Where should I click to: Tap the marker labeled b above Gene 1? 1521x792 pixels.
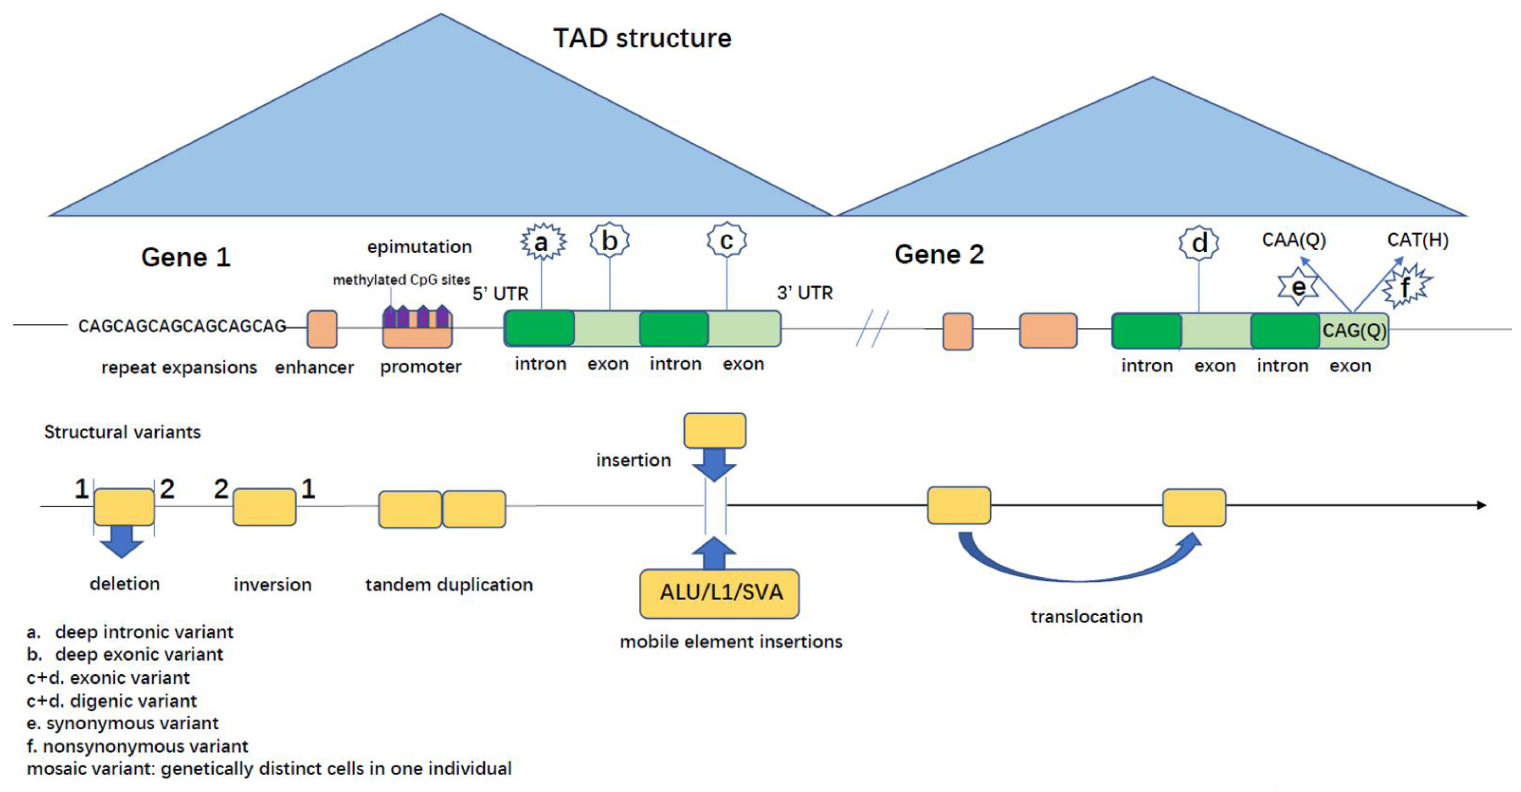click(x=609, y=240)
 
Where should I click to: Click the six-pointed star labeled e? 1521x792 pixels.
click(x=1298, y=287)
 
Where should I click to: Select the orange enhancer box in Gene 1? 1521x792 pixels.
click(x=322, y=329)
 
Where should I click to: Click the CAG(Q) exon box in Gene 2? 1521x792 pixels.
click(x=1353, y=331)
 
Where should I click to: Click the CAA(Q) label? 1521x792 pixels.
click(x=1293, y=240)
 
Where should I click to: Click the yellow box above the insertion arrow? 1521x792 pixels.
click(x=714, y=430)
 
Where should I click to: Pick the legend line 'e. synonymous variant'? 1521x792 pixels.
click(x=123, y=724)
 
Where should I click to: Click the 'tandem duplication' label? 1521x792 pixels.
click(x=449, y=585)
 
